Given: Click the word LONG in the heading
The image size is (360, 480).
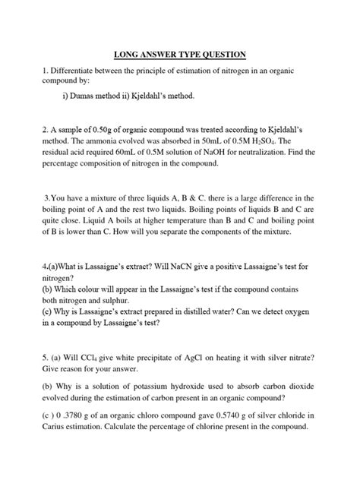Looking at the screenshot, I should (x=129, y=54).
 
